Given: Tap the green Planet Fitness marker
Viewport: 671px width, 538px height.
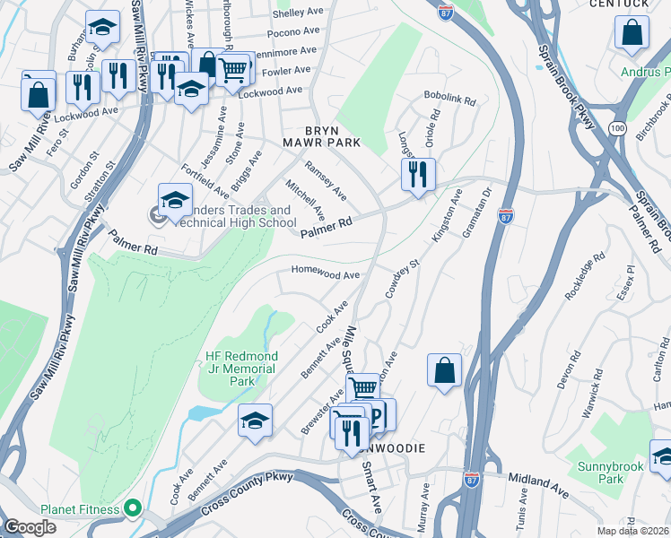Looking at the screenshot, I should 134,509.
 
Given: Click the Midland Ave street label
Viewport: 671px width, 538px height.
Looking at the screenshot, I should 538,486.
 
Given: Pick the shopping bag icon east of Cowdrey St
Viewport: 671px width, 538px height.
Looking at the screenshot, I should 444,369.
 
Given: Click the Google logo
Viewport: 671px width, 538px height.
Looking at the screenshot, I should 30,527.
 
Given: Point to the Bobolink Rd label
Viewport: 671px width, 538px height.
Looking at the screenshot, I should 449,100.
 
